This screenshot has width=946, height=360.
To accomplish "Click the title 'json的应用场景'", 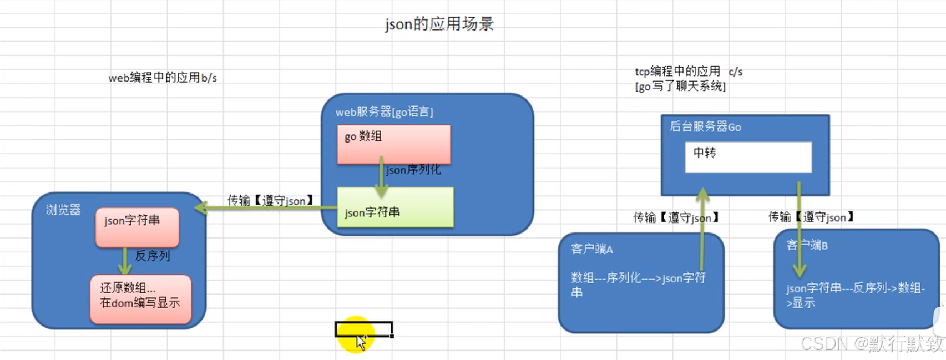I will click(x=439, y=24).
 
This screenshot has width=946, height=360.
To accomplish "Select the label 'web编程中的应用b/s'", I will click(x=162, y=78).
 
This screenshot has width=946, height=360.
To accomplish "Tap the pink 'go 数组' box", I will click(x=393, y=144).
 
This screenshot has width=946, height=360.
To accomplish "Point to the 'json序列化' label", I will click(x=413, y=170).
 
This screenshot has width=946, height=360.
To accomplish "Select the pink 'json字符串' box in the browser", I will click(x=137, y=227).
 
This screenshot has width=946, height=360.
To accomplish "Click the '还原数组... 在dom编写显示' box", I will click(x=140, y=298).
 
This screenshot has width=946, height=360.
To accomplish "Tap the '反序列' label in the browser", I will click(x=153, y=256).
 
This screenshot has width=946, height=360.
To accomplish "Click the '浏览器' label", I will click(x=63, y=210).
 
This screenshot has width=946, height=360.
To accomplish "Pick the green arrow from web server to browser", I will click(x=266, y=207).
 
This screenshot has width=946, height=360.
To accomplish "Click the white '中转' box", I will click(x=748, y=156).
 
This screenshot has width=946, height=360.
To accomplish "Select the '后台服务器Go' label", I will click(x=705, y=127).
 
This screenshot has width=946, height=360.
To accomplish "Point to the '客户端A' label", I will click(x=592, y=249).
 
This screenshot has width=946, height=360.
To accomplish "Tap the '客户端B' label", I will click(x=807, y=245).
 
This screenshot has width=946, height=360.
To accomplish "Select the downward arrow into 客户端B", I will click(x=799, y=233).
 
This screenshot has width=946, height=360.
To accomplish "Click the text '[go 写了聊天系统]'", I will click(x=680, y=87).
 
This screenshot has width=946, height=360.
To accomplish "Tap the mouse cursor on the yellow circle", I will click(x=361, y=341).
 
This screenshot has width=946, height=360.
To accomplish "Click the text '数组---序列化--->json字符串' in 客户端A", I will click(x=638, y=284).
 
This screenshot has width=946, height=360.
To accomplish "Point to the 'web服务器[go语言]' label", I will click(x=384, y=112).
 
